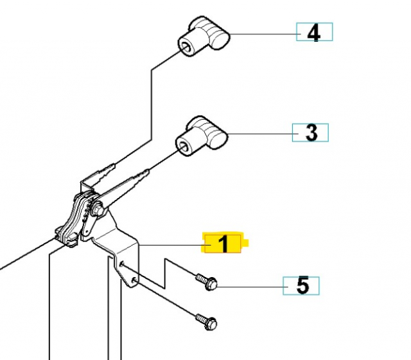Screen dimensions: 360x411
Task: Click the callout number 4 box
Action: tap(314, 32)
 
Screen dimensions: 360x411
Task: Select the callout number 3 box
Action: tap(311, 133)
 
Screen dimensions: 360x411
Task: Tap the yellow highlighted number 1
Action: tap(223, 244)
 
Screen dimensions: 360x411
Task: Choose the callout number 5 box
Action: tap(302, 285)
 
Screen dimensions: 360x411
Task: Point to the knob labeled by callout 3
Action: tap(204, 134)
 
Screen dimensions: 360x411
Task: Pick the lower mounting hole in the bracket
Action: tap(132, 280)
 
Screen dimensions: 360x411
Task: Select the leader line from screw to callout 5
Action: tap(250, 285)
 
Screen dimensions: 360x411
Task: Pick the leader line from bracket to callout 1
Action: tap(170, 244)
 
